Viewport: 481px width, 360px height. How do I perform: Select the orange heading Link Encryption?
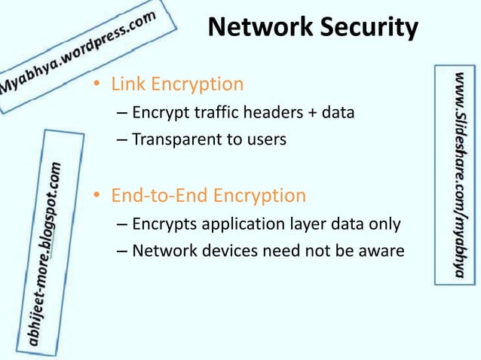(177, 84)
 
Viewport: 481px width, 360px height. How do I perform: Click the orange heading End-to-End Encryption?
(208, 196)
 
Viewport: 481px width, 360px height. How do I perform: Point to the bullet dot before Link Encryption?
(97, 84)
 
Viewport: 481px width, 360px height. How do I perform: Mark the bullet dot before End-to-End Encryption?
(97, 197)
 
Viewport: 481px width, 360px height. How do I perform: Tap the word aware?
(382, 251)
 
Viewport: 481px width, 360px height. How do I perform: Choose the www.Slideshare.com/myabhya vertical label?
(458, 175)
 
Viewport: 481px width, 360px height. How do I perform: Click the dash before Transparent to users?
(123, 140)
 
